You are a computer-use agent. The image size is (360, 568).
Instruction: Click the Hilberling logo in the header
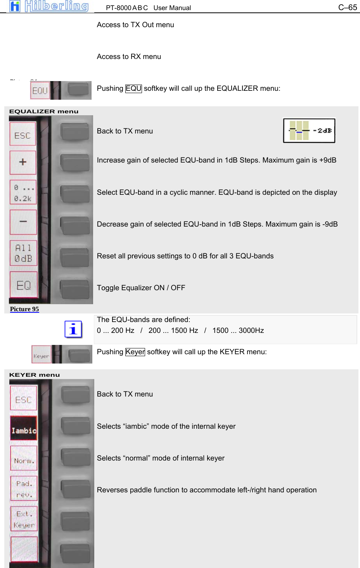pyautogui.click(x=49, y=6)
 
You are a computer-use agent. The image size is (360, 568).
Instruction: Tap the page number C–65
pyautogui.click(x=347, y=7)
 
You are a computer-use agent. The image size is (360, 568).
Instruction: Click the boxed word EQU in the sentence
pyautogui.click(x=133, y=88)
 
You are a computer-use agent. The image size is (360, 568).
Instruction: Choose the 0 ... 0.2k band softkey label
pyautogui.click(x=23, y=193)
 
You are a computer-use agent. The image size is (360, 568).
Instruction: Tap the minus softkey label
pyautogui.click(x=23, y=222)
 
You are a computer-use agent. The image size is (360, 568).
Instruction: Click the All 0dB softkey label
pyautogui.click(x=23, y=253)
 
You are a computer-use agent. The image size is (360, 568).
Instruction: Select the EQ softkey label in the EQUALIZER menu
pyautogui.click(x=23, y=285)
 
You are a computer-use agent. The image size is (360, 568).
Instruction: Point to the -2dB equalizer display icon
pyautogui.click(x=309, y=131)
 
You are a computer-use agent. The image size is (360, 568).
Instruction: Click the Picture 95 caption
pyautogui.click(x=24, y=309)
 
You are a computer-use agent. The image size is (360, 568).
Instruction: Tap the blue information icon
pyautogui.click(x=73, y=329)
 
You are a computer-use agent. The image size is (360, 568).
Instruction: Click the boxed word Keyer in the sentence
pyautogui.click(x=135, y=352)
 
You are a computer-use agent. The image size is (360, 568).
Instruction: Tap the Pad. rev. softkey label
pyautogui.click(x=24, y=488)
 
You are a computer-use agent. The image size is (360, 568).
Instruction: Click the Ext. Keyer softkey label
pyautogui.click(x=24, y=519)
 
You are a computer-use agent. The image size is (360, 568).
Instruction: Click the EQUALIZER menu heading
pyautogui.click(x=44, y=111)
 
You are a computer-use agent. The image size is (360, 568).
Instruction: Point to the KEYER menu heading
pyautogui.click(x=35, y=375)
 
